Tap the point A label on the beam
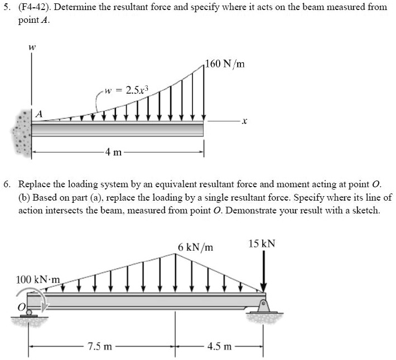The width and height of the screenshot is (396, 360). (x=38, y=113)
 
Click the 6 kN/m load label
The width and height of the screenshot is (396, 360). (x=196, y=246)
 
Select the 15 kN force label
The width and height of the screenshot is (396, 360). (x=262, y=244)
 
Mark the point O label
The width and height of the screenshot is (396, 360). (x=22, y=307)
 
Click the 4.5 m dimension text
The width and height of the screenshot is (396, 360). (x=219, y=347)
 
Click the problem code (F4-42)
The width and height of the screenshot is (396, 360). (x=34, y=7)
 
